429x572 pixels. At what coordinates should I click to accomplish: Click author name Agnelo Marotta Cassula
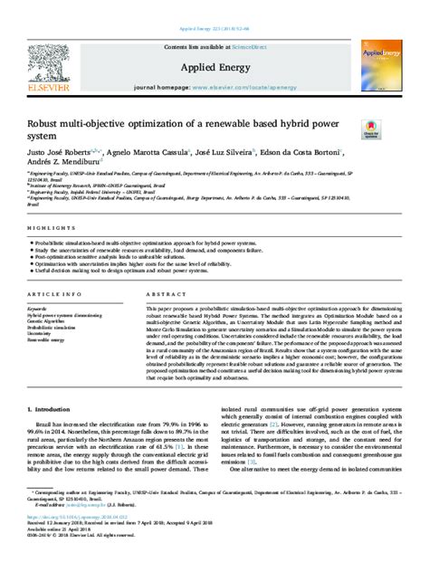coord(142,153)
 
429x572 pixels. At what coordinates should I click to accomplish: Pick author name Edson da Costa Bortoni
coord(308,153)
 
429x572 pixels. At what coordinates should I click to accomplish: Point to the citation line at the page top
coord(214,6)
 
